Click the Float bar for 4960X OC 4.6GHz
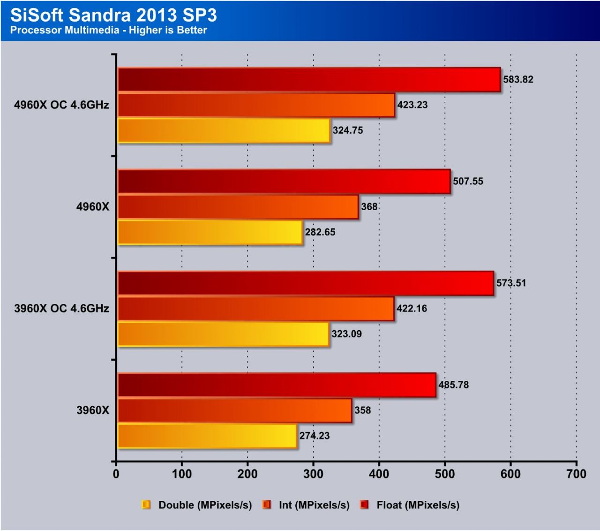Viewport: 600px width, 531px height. tap(309, 79)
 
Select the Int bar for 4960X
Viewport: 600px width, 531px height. tap(238, 207)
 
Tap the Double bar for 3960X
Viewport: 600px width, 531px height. tap(207, 436)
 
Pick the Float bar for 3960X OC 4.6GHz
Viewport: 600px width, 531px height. tap(306, 283)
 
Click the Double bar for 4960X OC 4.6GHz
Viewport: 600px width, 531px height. tap(224, 130)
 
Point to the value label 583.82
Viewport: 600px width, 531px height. tap(518, 79)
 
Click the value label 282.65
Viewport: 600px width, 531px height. tap(320, 232)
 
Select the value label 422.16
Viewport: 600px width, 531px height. tap(412, 309)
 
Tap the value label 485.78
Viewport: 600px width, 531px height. tap(453, 385)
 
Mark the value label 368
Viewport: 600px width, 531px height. tap(369, 207)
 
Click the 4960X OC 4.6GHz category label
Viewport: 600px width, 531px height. tap(61, 105)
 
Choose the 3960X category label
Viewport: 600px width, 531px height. tap(93, 410)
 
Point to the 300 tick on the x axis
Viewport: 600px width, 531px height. tap(313, 474)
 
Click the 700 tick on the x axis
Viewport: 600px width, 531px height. tap(576, 474)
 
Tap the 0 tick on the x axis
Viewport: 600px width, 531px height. tap(116, 474)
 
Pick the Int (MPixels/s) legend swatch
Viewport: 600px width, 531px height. tap(267, 505)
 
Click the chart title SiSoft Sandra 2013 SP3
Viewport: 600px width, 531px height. tap(113, 15)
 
